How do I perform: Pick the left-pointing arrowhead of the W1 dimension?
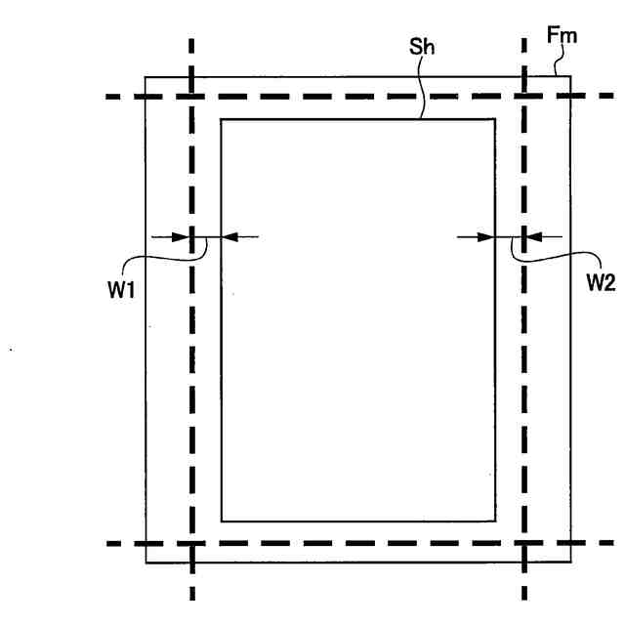click(229, 236)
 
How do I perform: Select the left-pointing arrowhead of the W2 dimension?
click(533, 236)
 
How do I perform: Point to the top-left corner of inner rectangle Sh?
click(222, 120)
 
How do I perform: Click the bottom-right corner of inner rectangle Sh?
click(497, 521)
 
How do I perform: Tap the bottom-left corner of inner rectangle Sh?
click(222, 521)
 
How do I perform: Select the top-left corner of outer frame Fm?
click(146, 77)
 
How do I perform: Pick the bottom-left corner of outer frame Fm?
click(146, 563)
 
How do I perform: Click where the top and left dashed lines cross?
click(191, 97)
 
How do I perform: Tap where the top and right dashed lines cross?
click(525, 97)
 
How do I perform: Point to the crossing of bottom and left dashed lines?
click(191, 543)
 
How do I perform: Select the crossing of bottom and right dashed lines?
click(525, 543)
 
